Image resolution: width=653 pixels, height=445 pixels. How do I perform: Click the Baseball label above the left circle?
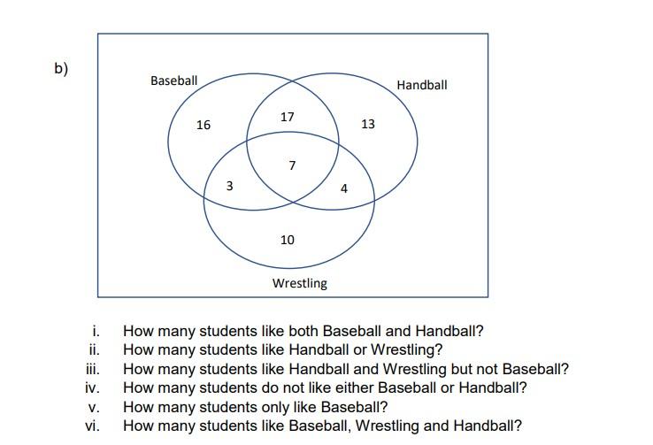tap(173, 81)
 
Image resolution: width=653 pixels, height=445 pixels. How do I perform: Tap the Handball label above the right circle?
tap(422, 85)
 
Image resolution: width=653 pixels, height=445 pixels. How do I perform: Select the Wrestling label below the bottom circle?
tap(299, 283)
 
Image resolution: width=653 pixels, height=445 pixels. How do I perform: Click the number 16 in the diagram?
tap(204, 125)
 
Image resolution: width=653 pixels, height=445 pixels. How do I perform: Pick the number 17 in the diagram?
tap(287, 117)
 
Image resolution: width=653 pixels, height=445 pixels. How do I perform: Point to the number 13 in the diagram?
tap(368, 124)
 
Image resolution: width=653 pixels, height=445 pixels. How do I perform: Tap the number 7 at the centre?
tap(292, 165)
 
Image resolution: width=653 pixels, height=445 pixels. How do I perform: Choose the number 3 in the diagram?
tap(230, 186)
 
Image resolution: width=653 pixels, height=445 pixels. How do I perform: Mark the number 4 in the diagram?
tap(344, 188)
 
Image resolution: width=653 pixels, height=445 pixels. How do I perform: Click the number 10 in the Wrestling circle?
tap(288, 240)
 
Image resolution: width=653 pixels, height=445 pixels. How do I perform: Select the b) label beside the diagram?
tap(61, 68)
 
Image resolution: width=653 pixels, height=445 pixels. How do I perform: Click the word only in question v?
tap(268, 407)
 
